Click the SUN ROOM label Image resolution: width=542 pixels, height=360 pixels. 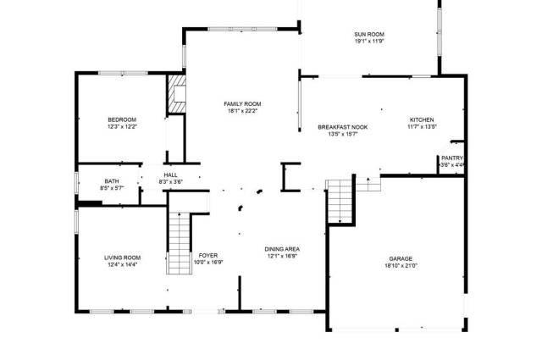pos(369,34)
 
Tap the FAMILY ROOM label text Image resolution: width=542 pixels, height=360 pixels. pos(242,103)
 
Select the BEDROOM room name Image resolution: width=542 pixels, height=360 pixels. pos(122,119)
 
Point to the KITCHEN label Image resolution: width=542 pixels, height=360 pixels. pos(422,119)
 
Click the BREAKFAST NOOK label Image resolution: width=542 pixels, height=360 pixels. pos(342,127)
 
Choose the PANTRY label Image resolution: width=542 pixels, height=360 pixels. pos(451,158)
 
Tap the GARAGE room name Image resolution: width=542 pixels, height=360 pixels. pos(401,258)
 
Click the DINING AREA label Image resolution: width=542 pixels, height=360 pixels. pos(282,249)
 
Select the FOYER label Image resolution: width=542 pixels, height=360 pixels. pos(208,255)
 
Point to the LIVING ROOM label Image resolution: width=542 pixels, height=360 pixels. pos(122,258)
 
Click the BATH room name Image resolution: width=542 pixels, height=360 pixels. pos(112,181)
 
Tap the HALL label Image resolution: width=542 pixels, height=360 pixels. pos(171,175)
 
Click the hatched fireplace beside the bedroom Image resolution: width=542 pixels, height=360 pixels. pos(177,94)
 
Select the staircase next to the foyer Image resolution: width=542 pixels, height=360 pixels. pos(179,244)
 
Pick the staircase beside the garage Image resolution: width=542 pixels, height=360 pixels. pos(340,202)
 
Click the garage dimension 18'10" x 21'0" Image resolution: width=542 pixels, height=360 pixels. pos(401,266)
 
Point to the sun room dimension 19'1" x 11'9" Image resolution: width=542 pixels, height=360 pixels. pos(369,42)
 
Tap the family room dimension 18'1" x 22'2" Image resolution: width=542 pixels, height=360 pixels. pos(242,111)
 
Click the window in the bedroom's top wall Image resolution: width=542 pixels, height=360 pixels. pos(123,73)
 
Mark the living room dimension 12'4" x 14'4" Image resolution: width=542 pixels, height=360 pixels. pos(122,264)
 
